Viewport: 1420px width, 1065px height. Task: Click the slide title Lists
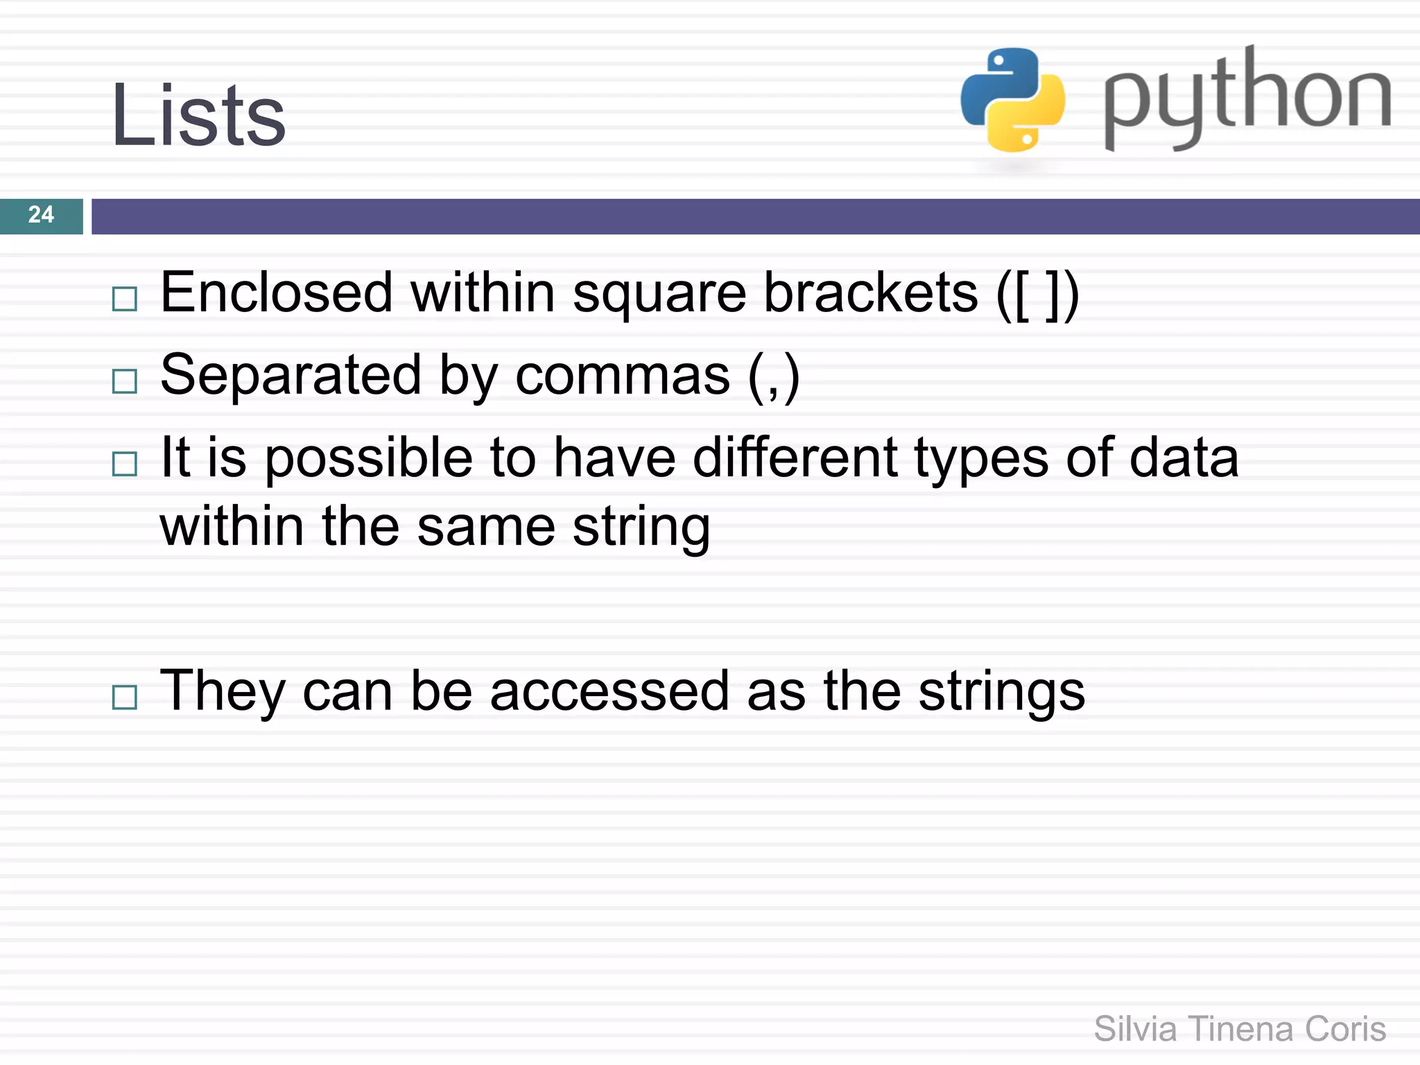[198, 115]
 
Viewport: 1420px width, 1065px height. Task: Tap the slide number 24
[41, 215]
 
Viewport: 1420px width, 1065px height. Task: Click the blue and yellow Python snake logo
[1012, 100]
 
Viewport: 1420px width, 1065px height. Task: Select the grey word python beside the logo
[1247, 97]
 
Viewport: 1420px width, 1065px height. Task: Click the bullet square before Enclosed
[125, 299]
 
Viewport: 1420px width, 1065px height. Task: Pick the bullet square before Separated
[125, 381]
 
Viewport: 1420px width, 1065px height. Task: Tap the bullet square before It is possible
[125, 463]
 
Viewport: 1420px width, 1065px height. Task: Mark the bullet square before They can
[125, 697]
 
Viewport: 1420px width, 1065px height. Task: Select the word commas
[622, 375]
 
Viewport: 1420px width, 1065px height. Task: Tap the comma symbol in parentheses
[774, 378]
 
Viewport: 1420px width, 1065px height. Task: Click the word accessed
[609, 691]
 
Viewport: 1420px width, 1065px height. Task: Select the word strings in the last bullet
[1001, 692]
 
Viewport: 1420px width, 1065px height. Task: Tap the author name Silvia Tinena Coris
[1239, 1028]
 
